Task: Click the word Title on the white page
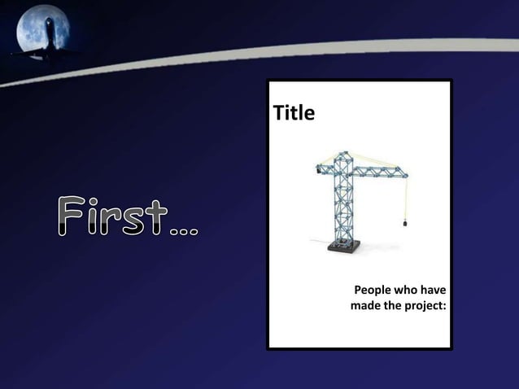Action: tap(294, 113)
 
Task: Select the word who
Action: tap(410, 291)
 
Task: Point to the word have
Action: tap(436, 291)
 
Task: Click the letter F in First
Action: tap(72, 216)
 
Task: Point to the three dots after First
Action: tap(189, 230)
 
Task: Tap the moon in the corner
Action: tap(41, 30)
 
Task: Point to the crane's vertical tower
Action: tap(339, 203)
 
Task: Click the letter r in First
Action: tap(115, 220)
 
